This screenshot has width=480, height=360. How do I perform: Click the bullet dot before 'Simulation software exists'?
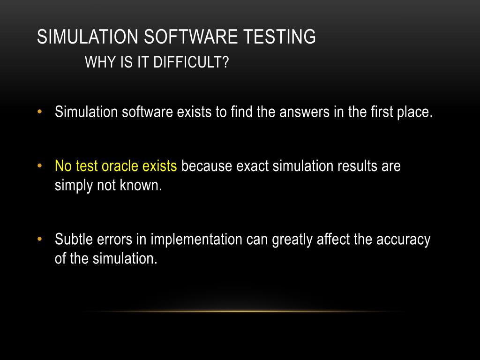click(40, 112)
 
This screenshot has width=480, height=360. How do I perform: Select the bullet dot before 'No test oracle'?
click(40, 166)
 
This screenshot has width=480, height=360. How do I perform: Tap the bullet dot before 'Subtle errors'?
click(40, 239)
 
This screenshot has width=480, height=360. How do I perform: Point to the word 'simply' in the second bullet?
click(69, 186)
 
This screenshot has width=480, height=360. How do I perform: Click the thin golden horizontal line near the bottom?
click(244, 311)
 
